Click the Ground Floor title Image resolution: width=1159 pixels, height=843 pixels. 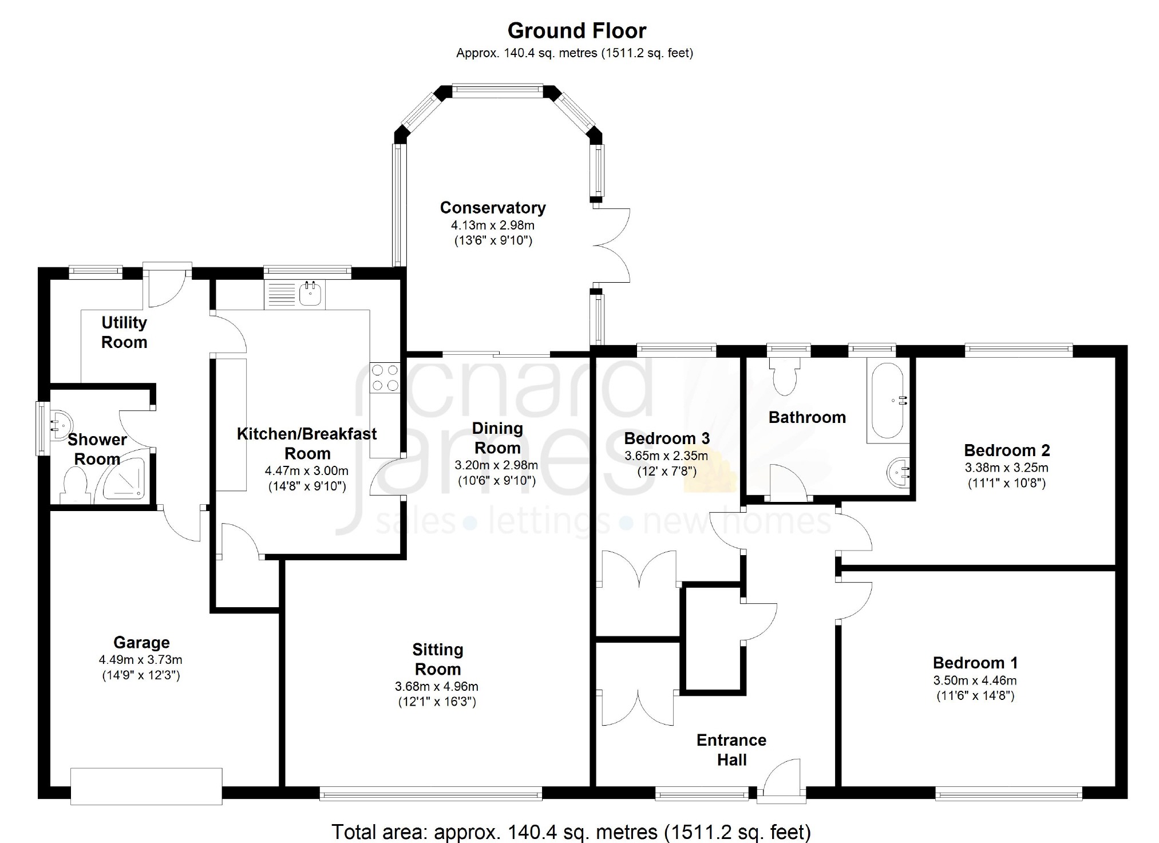pyautogui.click(x=577, y=30)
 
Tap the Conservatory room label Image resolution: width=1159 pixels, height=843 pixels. pyautogui.click(x=493, y=207)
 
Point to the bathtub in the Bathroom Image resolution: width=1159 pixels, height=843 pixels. pyautogui.click(x=887, y=400)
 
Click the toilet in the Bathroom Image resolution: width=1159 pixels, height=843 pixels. pyautogui.click(x=784, y=375)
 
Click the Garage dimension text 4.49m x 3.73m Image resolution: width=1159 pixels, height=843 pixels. pyautogui.click(x=141, y=660)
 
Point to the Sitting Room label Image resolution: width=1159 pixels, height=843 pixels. pyautogui.click(x=438, y=659)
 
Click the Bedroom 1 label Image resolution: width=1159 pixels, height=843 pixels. pyautogui.click(x=975, y=663)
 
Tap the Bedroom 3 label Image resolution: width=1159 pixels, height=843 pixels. pyautogui.click(x=667, y=438)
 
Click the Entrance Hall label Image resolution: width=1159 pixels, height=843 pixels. pyautogui.click(x=731, y=750)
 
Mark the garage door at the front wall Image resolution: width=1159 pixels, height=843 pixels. pyautogui.click(x=146, y=786)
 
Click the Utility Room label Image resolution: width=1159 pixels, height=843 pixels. pyautogui.click(x=124, y=332)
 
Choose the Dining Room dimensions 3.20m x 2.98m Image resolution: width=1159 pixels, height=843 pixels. pyautogui.click(x=496, y=465)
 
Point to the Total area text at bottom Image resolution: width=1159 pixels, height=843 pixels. pyautogui.click(x=571, y=832)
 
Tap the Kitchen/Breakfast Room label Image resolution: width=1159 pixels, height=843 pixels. pyautogui.click(x=307, y=444)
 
